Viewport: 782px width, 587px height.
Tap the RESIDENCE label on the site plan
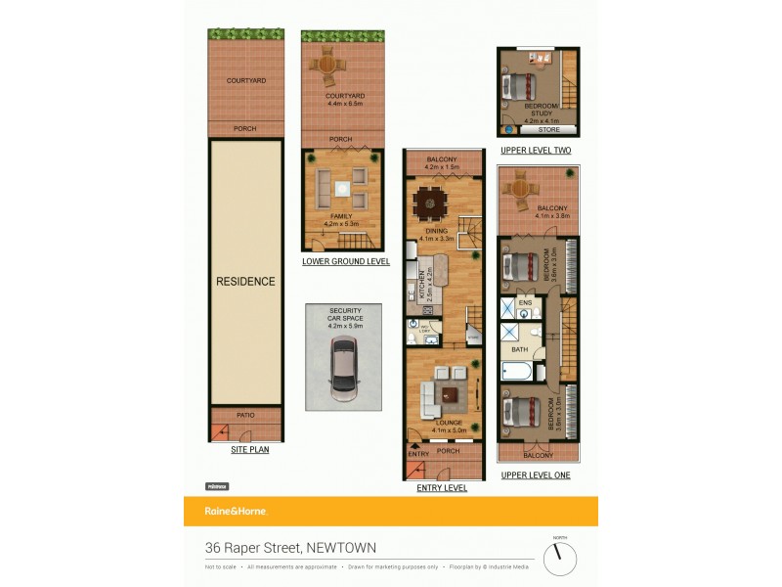(x=245, y=281)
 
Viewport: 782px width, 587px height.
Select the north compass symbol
(x=560, y=559)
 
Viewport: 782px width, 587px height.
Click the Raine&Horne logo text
(x=236, y=511)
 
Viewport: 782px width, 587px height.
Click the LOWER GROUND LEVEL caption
(x=346, y=261)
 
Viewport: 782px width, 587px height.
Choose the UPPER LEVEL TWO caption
(x=536, y=150)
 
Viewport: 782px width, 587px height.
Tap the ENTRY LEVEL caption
(x=443, y=487)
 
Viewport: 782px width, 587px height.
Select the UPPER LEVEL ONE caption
(x=536, y=475)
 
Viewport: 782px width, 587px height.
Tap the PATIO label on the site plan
(x=245, y=415)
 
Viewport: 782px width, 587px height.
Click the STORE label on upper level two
(x=549, y=129)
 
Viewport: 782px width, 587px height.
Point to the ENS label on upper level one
(x=525, y=303)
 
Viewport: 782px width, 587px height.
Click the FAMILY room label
(x=341, y=216)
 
